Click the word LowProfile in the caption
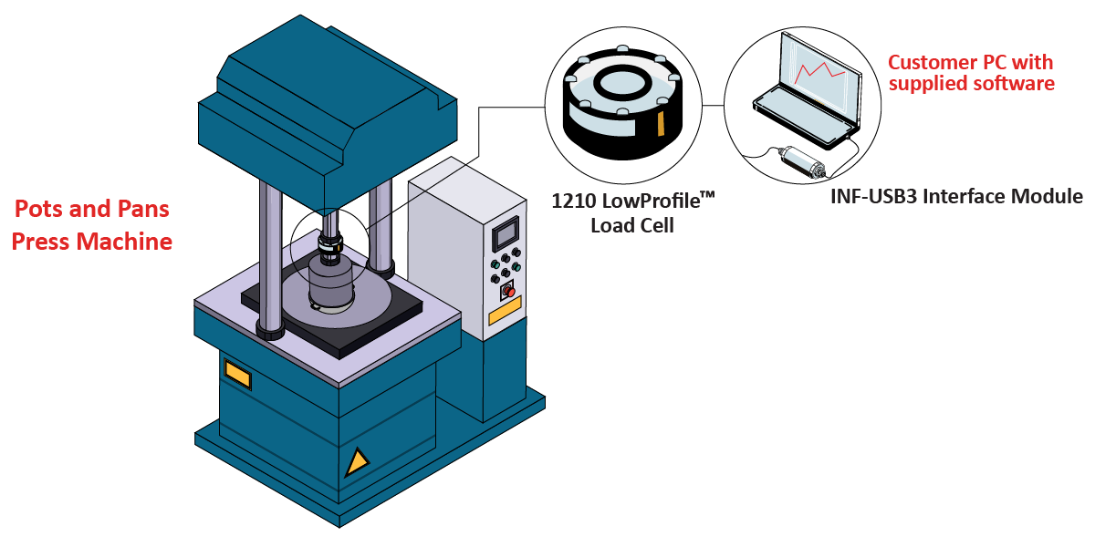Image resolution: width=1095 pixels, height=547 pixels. click(650, 201)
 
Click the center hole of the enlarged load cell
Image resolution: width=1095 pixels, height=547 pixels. click(624, 85)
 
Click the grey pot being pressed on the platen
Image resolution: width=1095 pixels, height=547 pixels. click(330, 284)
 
